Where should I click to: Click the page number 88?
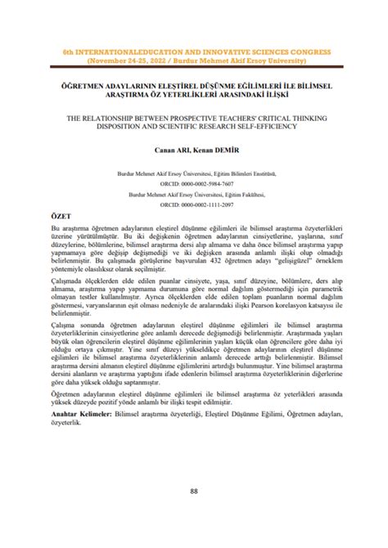click(x=194, y=491)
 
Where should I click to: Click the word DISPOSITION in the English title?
click(x=111, y=126)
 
